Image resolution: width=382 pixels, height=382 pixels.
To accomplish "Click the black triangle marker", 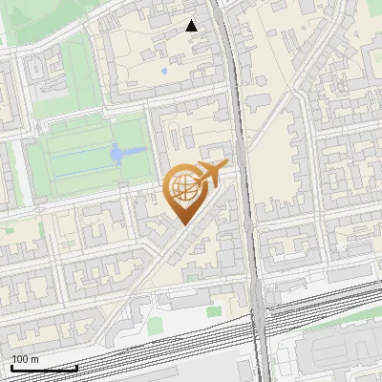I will pyautogui.click(x=192, y=26).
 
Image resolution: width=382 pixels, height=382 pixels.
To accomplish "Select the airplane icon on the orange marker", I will pyautogui.click(x=210, y=174).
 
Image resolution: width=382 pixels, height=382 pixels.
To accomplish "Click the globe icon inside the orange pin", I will pyautogui.click(x=183, y=188).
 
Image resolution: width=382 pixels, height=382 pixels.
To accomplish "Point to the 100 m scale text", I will pyautogui.click(x=26, y=359).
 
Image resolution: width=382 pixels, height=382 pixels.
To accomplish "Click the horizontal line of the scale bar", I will pyautogui.click(x=44, y=368).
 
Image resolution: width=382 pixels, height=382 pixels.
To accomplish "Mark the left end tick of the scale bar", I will pyautogui.click(x=11, y=366).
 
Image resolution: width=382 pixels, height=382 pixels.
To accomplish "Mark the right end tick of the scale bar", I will pyautogui.click(x=77, y=366).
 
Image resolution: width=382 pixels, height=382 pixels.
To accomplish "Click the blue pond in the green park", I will pyautogui.click(x=117, y=153).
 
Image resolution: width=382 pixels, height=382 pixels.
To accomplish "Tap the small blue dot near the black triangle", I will pyautogui.click(x=164, y=71).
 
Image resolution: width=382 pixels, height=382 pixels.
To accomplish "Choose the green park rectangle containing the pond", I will pyautogui.click(x=86, y=158).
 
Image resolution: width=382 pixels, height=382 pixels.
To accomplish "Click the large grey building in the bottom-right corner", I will pyautogui.click(x=334, y=358).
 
